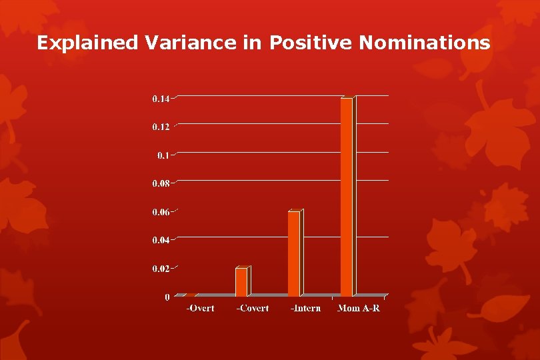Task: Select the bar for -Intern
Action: pyautogui.click(x=294, y=253)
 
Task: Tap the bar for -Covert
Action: pyautogui.click(x=241, y=282)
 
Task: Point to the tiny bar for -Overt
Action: pyautogui.click(x=189, y=295)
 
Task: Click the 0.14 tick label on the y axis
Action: pyautogui.click(x=161, y=99)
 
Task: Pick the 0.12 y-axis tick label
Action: pyautogui.click(x=161, y=127)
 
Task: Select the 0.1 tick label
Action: pyautogui.click(x=164, y=155)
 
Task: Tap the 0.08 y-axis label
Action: pyautogui.click(x=161, y=183)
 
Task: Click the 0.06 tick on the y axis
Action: pyautogui.click(x=161, y=212)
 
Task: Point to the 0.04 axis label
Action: pyautogui.click(x=161, y=240)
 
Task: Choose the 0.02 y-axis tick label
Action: pyautogui.click(x=161, y=268)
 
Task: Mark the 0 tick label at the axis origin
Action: pyautogui.click(x=167, y=297)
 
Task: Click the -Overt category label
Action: pyautogui.click(x=200, y=308)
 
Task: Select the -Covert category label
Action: pyautogui.click(x=253, y=308)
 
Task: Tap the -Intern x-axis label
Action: pyautogui.click(x=305, y=308)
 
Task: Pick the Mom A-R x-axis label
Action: pyautogui.click(x=358, y=308)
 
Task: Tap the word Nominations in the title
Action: pyautogui.click(x=424, y=43)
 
